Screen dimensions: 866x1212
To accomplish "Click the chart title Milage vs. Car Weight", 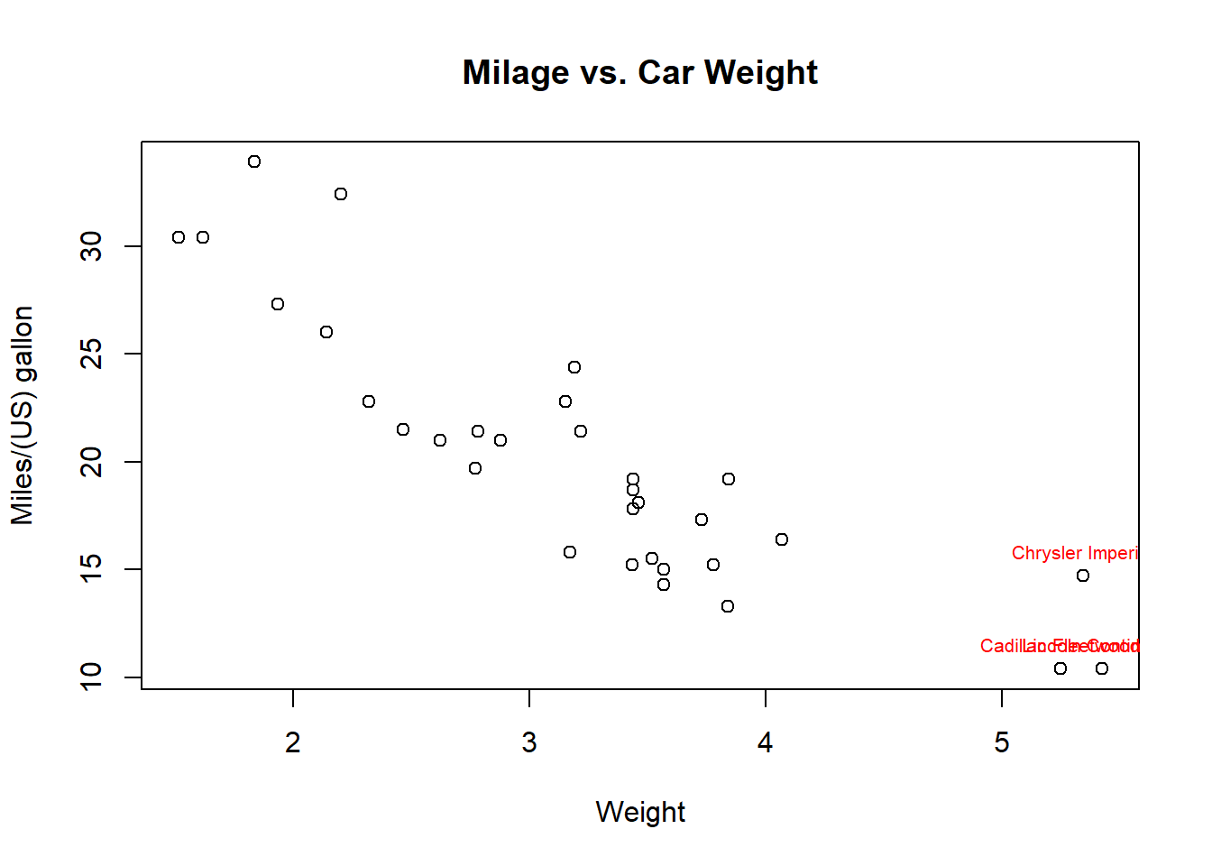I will (x=639, y=72).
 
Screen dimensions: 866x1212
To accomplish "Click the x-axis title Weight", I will (x=640, y=812).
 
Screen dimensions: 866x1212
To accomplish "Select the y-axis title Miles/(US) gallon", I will (x=22, y=415).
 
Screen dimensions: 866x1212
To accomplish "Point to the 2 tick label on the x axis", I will (x=293, y=742).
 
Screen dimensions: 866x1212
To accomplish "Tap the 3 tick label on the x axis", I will (x=529, y=742).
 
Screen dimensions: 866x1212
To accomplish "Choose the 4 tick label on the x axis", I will (x=766, y=742).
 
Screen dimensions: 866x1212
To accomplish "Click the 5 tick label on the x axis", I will (x=1002, y=742).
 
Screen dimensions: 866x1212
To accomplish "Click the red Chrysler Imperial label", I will (x=1075, y=553).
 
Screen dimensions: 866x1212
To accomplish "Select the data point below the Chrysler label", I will (x=1083, y=576).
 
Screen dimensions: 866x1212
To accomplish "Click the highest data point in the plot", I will (x=254, y=161).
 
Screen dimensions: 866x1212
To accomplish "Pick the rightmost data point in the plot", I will (x=1102, y=668).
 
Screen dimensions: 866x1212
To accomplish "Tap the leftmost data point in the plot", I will (x=179, y=237).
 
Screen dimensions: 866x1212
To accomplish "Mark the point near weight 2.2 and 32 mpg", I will (x=341, y=194).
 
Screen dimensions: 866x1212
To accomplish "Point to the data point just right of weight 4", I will (x=782, y=539).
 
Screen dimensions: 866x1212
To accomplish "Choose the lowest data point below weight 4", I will (x=728, y=606).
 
